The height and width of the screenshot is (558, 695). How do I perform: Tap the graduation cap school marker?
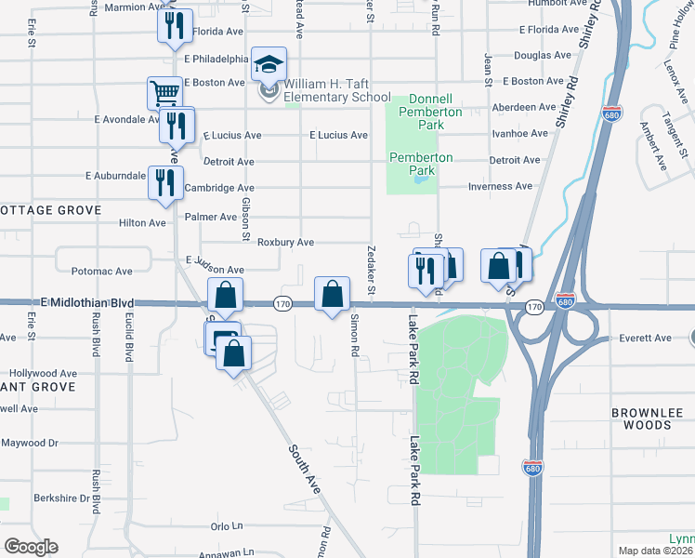click(x=269, y=65)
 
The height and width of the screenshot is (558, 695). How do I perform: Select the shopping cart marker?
click(x=164, y=93)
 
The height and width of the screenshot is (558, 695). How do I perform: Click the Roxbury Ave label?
click(x=285, y=242)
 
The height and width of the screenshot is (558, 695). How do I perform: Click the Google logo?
click(x=31, y=547)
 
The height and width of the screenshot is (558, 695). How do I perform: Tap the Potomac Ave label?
click(x=102, y=272)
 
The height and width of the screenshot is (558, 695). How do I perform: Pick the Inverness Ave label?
click(x=501, y=186)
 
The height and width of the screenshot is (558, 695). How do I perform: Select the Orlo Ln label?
click(x=226, y=525)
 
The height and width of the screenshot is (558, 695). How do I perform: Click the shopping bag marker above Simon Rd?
click(x=333, y=295)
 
